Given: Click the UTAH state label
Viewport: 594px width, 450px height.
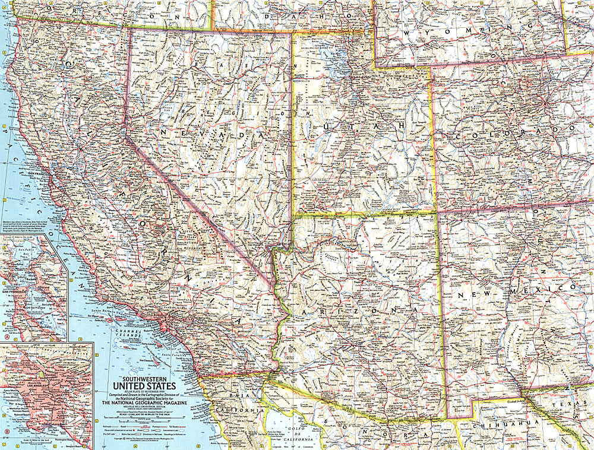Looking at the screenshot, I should [x=363, y=126].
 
